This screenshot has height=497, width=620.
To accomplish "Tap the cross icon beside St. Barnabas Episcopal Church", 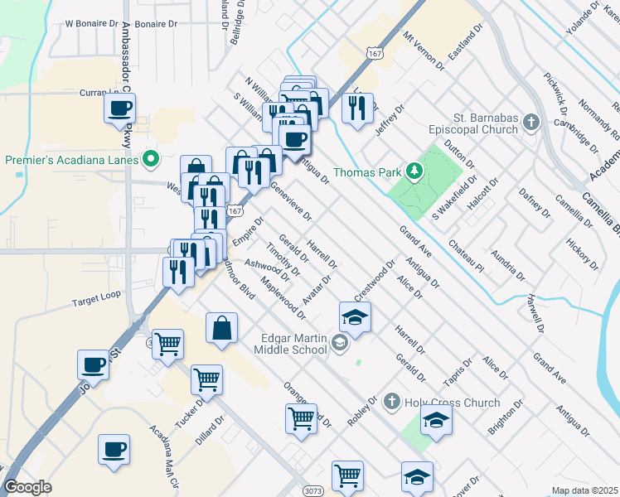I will tap(531, 123).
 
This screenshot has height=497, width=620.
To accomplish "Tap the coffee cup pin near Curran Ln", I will tap(119, 108).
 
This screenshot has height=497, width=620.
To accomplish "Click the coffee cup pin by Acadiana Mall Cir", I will tap(114, 449).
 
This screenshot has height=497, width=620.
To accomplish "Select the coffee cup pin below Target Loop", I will tap(93, 364).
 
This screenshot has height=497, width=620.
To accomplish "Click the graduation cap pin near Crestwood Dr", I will tap(355, 317).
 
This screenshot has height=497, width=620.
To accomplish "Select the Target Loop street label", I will tap(95, 294).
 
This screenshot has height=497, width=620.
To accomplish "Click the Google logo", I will tap(27, 487).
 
